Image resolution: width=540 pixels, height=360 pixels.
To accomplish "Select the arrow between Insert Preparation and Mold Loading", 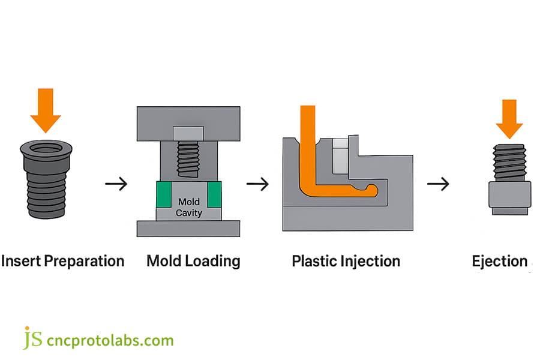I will pyautogui.click(x=116, y=184).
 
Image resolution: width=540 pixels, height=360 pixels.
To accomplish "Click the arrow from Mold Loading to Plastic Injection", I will pyautogui.click(x=257, y=184).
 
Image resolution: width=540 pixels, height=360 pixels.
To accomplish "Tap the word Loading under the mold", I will pyautogui.click(x=212, y=262).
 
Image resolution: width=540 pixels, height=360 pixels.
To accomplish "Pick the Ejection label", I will pyautogui.click(x=499, y=262).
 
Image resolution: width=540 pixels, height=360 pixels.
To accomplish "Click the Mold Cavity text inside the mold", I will pyautogui.click(x=189, y=208).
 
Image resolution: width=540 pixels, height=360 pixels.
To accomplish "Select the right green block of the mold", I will pyautogui.click(x=214, y=194).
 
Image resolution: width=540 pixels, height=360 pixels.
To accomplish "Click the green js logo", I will pyautogui.click(x=33, y=339).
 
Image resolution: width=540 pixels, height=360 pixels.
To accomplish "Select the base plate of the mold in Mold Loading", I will pyautogui.click(x=188, y=229).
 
